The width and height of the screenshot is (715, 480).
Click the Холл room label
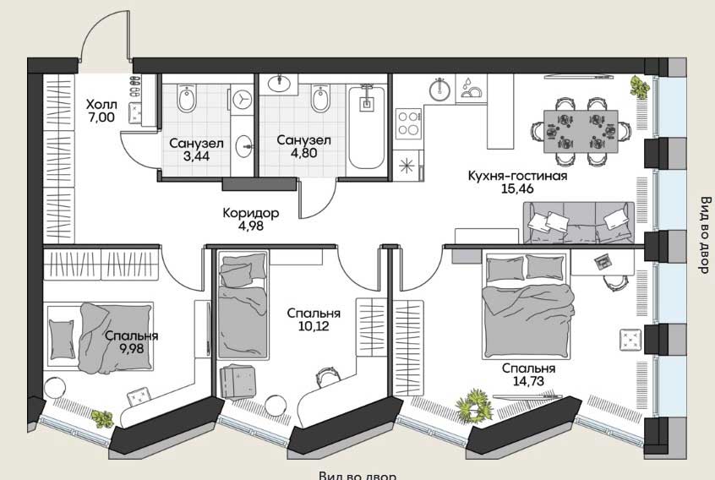101,105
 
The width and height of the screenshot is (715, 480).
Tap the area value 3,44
196,155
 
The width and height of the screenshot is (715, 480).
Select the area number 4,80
304,152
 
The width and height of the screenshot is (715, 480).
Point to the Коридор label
251,212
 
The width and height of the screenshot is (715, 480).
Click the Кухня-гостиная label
517,176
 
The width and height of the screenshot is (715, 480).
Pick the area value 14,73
528,380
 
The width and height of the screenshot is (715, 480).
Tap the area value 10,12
314,326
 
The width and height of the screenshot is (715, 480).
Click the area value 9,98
131,348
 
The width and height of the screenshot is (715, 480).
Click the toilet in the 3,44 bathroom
187,99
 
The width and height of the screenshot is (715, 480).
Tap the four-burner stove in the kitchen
408,123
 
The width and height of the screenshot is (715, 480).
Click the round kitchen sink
439,90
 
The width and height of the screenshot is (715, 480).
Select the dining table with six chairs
581,131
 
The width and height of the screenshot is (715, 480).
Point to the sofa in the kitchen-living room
579,223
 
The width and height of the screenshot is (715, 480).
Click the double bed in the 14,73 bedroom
527,305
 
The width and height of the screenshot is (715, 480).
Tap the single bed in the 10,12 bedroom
242,304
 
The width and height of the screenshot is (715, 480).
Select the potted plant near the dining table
639,86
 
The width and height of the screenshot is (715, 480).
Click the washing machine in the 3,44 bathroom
242,99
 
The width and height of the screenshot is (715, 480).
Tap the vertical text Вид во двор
705,235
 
